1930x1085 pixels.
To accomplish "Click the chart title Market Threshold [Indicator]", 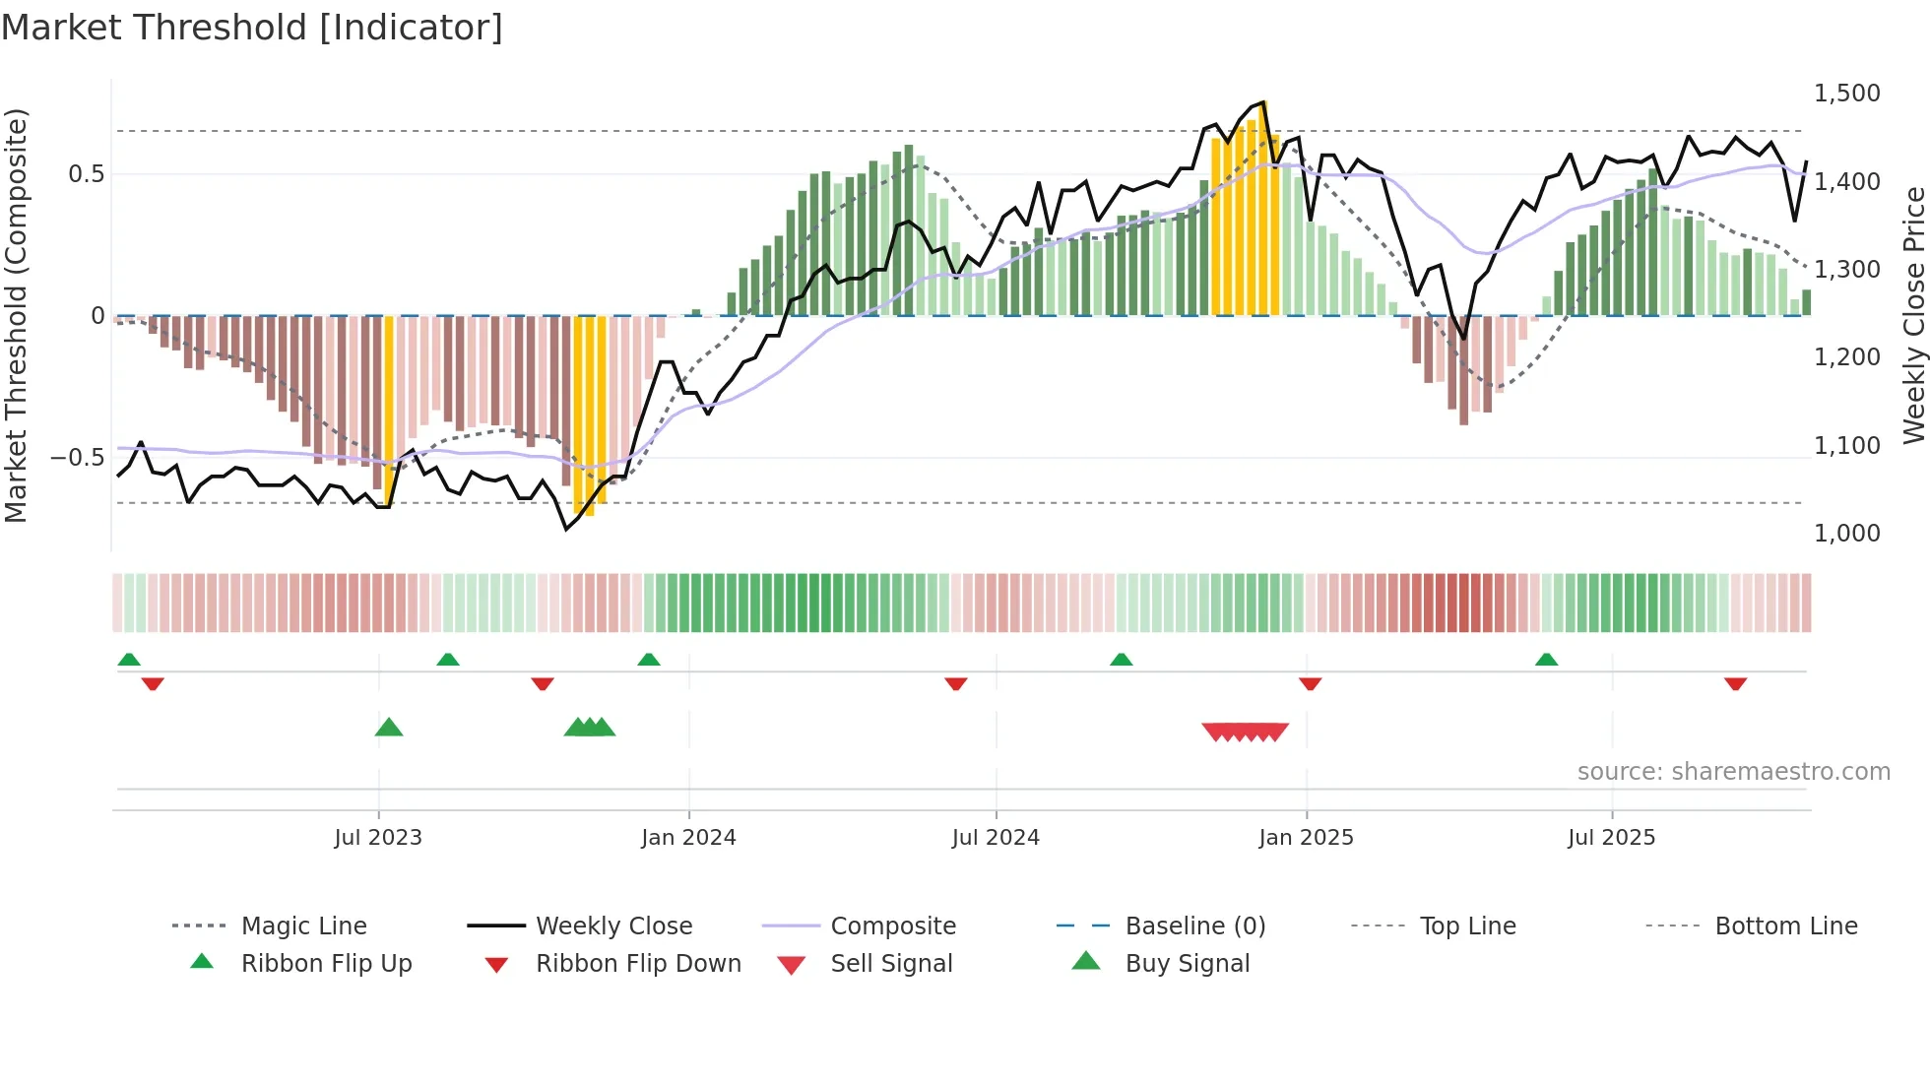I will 252,28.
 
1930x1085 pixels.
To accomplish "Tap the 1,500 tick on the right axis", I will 1846,94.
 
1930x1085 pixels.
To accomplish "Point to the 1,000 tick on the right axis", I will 1846,534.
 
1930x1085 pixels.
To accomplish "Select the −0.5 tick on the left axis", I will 77,458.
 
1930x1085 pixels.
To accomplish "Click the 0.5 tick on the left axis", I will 86,174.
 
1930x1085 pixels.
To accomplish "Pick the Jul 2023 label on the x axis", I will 378,838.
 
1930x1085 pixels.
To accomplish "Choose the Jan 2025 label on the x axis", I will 1306,838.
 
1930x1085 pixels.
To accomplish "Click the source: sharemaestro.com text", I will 1733,772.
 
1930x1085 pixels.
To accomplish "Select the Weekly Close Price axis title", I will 1913,315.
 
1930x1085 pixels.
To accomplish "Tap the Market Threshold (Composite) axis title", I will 16,315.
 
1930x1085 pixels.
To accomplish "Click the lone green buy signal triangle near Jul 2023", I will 389,728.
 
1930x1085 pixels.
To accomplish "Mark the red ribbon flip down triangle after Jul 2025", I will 1735,683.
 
